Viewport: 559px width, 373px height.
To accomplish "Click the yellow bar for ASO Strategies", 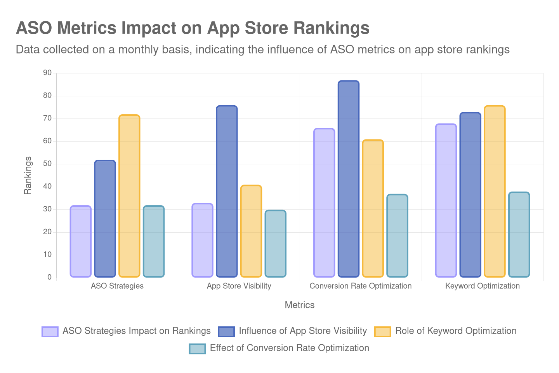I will (x=129, y=196).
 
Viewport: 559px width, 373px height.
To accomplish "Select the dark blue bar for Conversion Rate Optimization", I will (x=348, y=179).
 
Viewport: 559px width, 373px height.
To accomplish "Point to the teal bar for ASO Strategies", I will (x=154, y=241).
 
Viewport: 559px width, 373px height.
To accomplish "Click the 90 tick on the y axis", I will (x=47, y=73).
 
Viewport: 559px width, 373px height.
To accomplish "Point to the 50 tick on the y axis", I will (x=47, y=164).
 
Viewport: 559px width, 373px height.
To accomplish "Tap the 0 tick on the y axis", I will (x=49, y=277).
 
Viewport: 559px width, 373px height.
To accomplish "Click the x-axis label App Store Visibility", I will (x=239, y=286).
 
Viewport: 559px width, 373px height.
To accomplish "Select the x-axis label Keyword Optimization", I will (x=482, y=286).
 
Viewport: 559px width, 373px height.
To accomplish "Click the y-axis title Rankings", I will (x=28, y=175).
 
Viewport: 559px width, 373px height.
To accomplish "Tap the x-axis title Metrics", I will (x=299, y=305).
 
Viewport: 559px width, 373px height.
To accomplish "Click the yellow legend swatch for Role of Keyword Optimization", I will (x=382, y=331).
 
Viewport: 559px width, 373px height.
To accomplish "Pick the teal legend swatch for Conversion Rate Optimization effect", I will (x=197, y=349).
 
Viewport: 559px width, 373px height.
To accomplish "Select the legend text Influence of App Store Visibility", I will (x=303, y=331).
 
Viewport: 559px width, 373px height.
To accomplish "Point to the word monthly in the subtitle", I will (x=141, y=50).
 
